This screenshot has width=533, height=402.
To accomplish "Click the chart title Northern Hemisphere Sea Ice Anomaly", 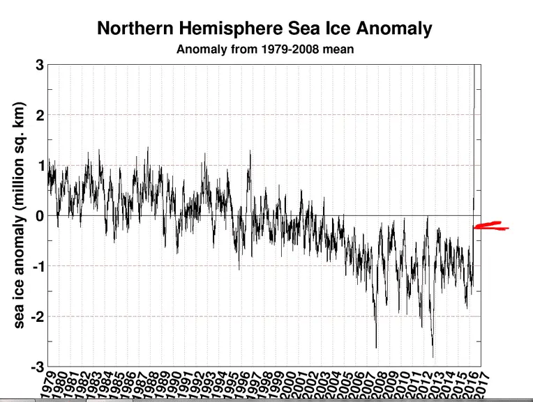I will tap(264, 29).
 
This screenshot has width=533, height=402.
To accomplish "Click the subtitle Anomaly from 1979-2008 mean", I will tap(264, 49).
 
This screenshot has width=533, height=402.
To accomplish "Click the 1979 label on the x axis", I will tap(46, 383).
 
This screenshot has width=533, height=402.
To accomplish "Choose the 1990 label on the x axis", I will tap(171, 383).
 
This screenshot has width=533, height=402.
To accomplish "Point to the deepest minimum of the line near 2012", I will tap(433, 357).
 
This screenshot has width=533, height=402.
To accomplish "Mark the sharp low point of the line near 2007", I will tap(376, 347).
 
